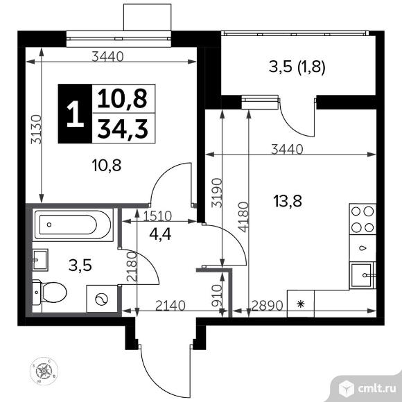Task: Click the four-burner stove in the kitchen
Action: [362, 220]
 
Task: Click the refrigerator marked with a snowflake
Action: [301, 303]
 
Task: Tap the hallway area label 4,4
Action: [161, 234]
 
